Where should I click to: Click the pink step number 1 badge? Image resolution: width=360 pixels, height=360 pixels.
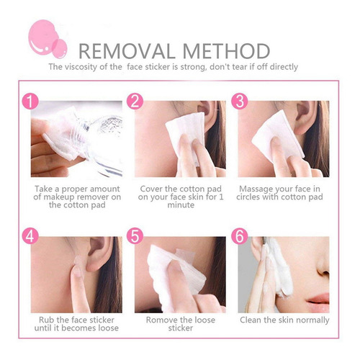click(30, 101)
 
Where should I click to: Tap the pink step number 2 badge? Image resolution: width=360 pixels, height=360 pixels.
click(135, 101)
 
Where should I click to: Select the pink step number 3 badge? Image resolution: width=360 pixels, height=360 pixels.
click(240, 101)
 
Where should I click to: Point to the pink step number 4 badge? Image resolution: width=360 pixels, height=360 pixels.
click(30, 236)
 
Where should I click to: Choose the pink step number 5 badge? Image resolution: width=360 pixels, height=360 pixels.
click(135, 236)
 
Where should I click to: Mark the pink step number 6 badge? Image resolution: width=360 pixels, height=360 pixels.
click(240, 236)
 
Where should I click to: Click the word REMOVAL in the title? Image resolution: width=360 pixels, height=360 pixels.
click(127, 51)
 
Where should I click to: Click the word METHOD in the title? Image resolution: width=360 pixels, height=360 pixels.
click(226, 51)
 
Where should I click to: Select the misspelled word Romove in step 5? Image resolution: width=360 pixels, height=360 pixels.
click(161, 320)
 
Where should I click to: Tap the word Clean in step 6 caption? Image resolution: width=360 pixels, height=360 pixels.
click(251, 320)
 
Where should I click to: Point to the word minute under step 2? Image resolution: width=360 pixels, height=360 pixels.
click(181, 205)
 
